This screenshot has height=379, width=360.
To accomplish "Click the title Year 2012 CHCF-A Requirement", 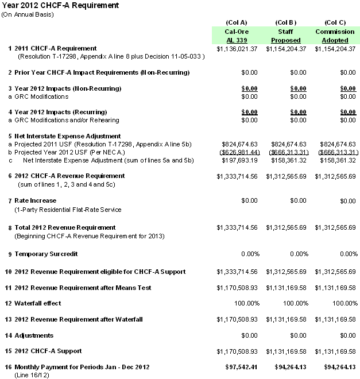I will point(60,5).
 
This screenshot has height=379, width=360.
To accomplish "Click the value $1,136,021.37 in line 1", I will point(238,49).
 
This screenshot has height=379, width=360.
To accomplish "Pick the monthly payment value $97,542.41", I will point(241,367).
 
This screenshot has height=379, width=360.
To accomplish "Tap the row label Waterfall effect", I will point(37,303).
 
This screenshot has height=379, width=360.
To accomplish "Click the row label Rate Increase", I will point(35,200).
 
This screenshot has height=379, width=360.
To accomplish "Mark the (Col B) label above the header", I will point(285,22).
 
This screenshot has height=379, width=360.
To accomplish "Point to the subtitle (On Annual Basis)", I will point(28,14).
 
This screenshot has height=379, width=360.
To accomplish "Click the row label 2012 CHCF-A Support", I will point(48,351).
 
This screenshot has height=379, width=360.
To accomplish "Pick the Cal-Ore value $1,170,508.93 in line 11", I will point(238,287).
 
